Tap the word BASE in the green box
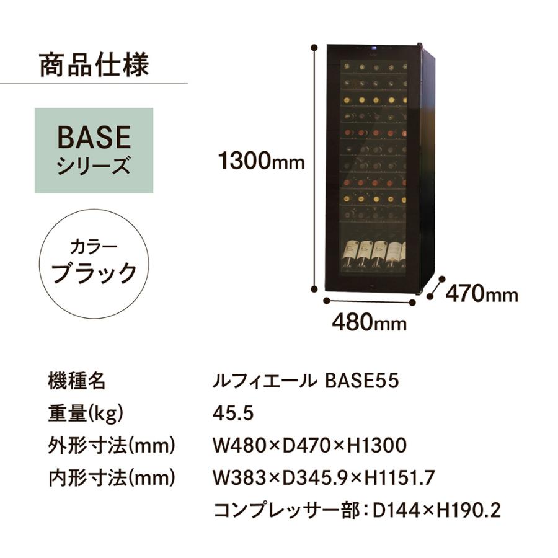click(x=94, y=137)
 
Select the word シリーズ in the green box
click(x=94, y=166)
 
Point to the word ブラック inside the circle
click(x=94, y=273)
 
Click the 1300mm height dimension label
click(x=261, y=162)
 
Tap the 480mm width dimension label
click(x=370, y=322)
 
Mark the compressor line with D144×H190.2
click(x=356, y=510)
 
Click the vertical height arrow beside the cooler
click(x=316, y=167)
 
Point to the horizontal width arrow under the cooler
click(x=370, y=301)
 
